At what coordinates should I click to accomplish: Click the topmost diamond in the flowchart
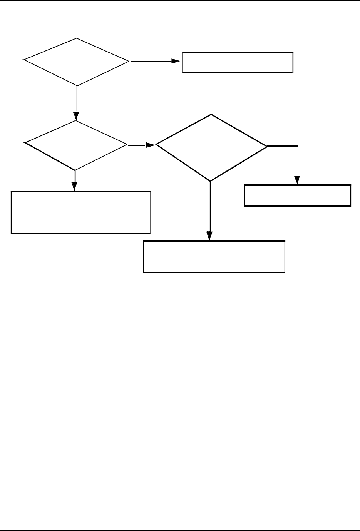[x=77, y=62]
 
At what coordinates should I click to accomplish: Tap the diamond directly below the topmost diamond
[x=76, y=145]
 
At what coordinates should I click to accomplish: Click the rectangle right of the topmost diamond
[x=238, y=62]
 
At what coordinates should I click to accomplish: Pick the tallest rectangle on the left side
[x=80, y=212]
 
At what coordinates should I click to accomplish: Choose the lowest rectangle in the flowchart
[x=214, y=257]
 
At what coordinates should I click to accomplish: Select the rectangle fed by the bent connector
[x=298, y=195]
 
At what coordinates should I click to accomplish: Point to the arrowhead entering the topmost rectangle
[x=177, y=61]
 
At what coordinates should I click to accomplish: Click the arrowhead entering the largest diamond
[x=151, y=145]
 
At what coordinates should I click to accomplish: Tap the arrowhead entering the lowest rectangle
[x=210, y=236]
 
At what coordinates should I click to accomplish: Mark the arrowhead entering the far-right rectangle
[x=298, y=180]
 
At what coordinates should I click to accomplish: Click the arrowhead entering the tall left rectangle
[x=75, y=185]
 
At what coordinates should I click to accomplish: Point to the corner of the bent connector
[x=298, y=146]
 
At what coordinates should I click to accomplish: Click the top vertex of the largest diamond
[x=211, y=115]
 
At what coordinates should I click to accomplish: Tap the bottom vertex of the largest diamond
[x=211, y=181]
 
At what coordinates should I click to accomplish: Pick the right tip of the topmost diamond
[x=129, y=61]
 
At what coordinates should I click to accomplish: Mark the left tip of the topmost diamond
[x=24, y=60]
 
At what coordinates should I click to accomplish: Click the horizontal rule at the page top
[x=180, y=1]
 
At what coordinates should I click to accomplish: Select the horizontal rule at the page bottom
[x=180, y=530]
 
